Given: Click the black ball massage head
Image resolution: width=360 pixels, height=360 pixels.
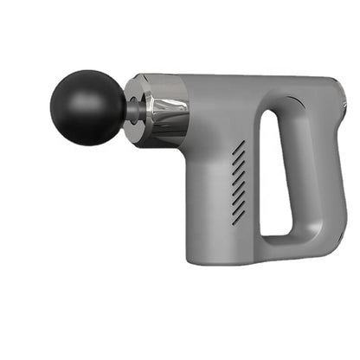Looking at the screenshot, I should [87, 107].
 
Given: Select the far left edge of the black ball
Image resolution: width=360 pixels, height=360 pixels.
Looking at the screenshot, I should [51, 107].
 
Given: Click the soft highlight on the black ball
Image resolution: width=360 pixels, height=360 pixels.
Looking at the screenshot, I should [74, 91].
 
